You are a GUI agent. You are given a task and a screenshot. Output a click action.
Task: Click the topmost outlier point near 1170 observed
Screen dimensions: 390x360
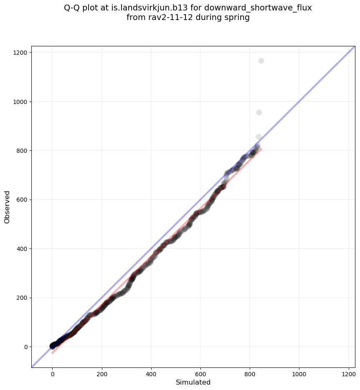[261, 61]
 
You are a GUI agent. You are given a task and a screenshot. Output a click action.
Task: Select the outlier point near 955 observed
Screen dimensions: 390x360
[259, 112]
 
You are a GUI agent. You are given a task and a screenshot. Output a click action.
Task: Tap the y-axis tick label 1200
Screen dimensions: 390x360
[21, 53]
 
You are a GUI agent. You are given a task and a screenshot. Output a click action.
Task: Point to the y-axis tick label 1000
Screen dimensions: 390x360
[21, 101]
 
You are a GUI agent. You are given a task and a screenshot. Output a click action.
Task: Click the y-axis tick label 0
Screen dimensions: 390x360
[26, 347]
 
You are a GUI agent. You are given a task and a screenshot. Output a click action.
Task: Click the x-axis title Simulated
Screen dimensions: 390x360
[193, 382]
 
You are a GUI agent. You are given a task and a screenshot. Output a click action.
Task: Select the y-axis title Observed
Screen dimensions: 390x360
[7, 207]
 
